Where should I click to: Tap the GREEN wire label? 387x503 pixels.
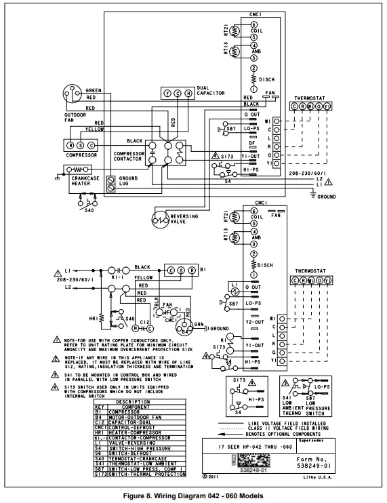[94, 90]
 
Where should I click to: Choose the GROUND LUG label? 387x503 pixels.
[128, 182]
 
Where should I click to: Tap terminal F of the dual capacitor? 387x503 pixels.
[167, 94]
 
